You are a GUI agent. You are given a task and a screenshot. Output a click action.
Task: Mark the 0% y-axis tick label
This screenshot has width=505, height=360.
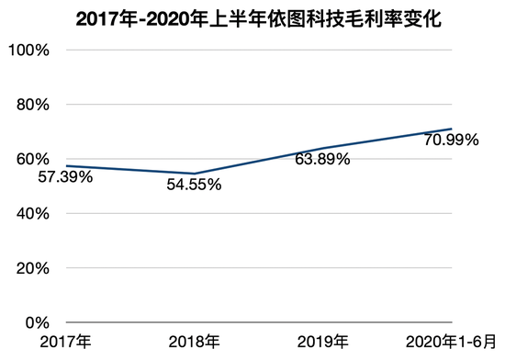tap(34, 323)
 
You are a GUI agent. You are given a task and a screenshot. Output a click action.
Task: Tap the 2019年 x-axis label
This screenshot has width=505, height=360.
tap(322, 344)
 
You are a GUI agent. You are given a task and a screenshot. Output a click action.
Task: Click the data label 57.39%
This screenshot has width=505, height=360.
tap(64, 177)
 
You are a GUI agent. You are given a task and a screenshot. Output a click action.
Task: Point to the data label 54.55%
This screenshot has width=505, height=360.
tap(194, 186)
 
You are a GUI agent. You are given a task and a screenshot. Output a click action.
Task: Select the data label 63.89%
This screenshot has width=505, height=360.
tap(322, 160)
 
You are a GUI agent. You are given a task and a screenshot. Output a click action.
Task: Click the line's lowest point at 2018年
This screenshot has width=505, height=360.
tap(193, 174)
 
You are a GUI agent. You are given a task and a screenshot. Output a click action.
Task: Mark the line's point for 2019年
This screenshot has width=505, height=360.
tap(322, 148)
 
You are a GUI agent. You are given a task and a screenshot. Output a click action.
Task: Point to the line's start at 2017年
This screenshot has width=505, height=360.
tap(64, 166)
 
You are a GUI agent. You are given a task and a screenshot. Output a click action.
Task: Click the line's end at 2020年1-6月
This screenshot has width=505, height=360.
tap(452, 129)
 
